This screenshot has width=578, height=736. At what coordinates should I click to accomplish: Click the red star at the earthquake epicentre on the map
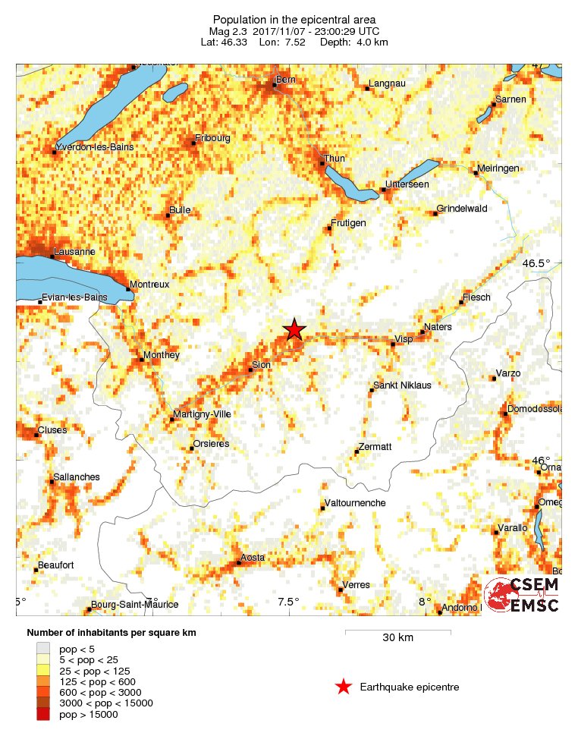coord(294,329)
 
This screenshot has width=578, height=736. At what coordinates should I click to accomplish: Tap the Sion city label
coord(260,365)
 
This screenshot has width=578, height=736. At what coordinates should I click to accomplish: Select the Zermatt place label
coord(375,447)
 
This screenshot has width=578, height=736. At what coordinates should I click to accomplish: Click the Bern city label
coord(285,79)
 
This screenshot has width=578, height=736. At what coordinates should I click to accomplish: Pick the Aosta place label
coord(253,558)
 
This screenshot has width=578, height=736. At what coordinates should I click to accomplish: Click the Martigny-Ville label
coord(202,414)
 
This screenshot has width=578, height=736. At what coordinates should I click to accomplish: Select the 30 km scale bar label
coord(397,638)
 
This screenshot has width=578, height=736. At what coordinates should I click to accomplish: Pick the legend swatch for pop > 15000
coord(43,714)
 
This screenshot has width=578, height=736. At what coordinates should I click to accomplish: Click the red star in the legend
coord(344,687)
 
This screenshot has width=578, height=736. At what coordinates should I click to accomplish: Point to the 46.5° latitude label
coord(536,263)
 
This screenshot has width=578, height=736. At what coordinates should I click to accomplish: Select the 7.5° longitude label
coord(288,602)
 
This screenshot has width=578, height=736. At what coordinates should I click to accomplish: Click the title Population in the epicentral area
coord(294,19)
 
